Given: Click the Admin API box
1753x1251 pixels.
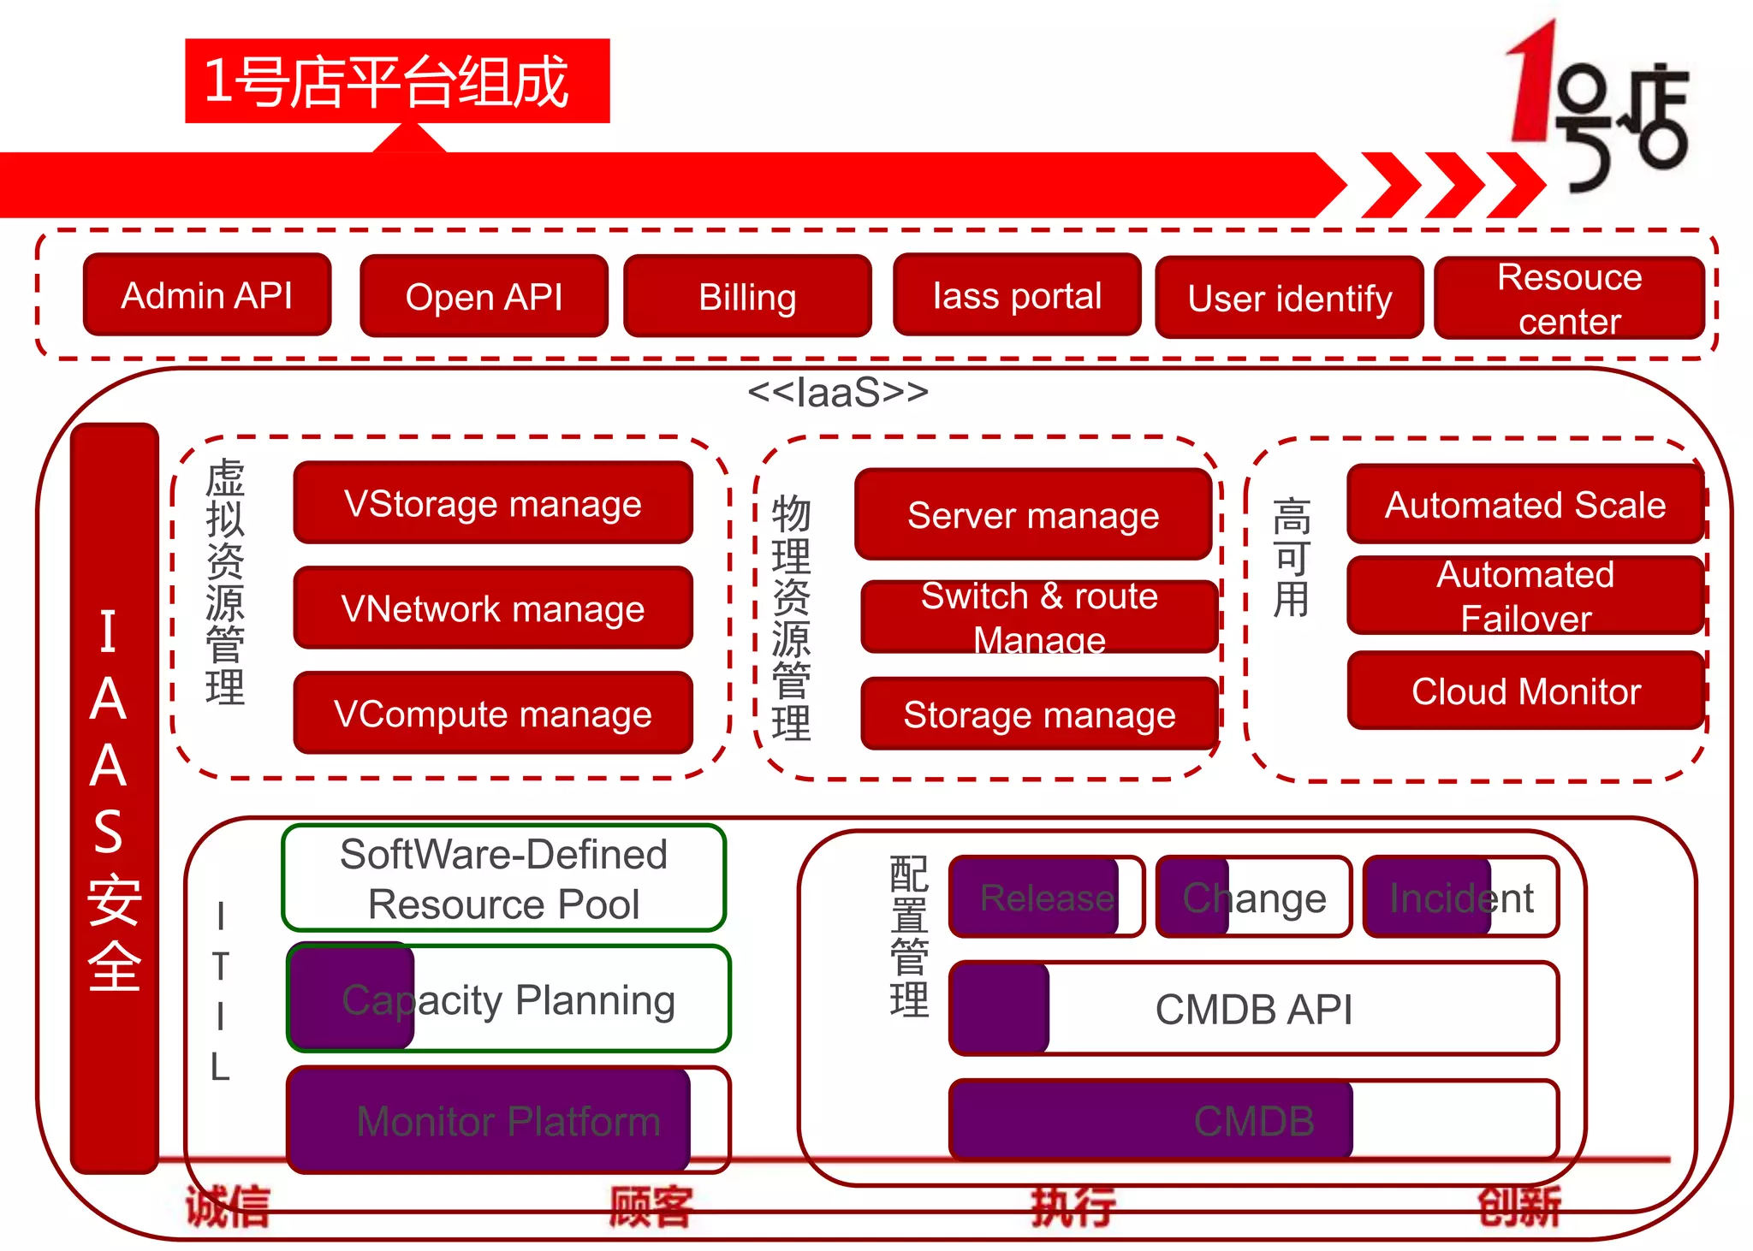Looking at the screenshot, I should click(x=207, y=294).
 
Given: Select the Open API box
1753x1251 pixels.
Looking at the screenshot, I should click(x=484, y=296).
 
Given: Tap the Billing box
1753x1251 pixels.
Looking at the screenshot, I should click(x=747, y=296).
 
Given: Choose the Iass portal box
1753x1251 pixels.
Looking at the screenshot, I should click(x=1017, y=295).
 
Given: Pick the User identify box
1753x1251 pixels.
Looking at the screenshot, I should click(x=1289, y=298).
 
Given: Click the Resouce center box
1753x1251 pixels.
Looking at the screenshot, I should click(x=1569, y=299).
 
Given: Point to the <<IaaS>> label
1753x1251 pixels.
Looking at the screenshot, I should click(x=837, y=392).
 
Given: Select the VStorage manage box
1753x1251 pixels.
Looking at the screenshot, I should click(x=492, y=503).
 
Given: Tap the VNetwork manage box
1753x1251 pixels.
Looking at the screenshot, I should click(x=492, y=608).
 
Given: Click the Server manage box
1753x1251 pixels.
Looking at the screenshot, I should click(x=1033, y=514).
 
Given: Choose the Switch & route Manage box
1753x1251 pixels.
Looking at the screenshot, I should click(x=1039, y=617).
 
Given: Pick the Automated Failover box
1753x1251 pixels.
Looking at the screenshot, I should click(x=1525, y=596).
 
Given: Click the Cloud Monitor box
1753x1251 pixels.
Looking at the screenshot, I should click(x=1525, y=691).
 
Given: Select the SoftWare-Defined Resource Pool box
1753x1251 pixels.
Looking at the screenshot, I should click(x=503, y=879).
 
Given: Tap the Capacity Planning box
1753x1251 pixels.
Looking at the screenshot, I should click(x=508, y=999).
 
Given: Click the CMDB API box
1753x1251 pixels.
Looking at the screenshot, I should click(x=1253, y=1009).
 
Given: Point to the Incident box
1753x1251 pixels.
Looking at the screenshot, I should click(x=1460, y=898).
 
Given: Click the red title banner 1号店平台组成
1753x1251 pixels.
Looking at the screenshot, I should click(x=397, y=81).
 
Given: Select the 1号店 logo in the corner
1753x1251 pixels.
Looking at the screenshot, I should click(x=1596, y=107).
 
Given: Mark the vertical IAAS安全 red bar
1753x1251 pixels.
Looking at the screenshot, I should click(x=114, y=797).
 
